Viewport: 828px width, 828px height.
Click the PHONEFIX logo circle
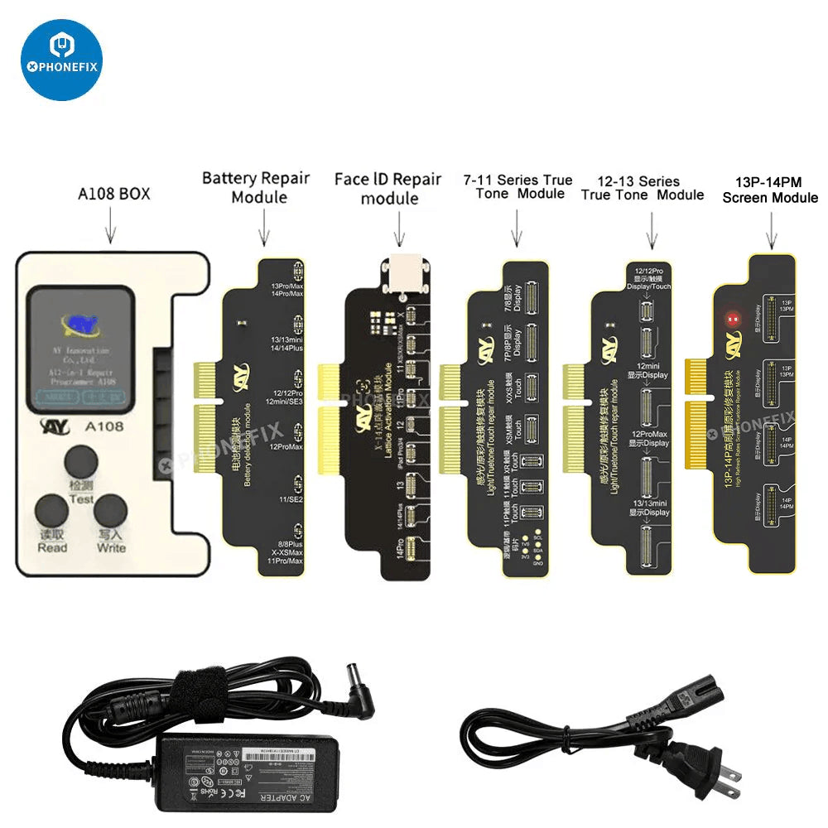[x=61, y=60]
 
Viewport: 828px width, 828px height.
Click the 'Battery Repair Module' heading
[x=256, y=186]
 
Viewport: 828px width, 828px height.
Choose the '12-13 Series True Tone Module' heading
[x=643, y=187]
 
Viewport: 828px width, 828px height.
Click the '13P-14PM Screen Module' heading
[x=770, y=190]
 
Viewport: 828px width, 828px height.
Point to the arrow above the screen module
[x=772, y=229]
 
